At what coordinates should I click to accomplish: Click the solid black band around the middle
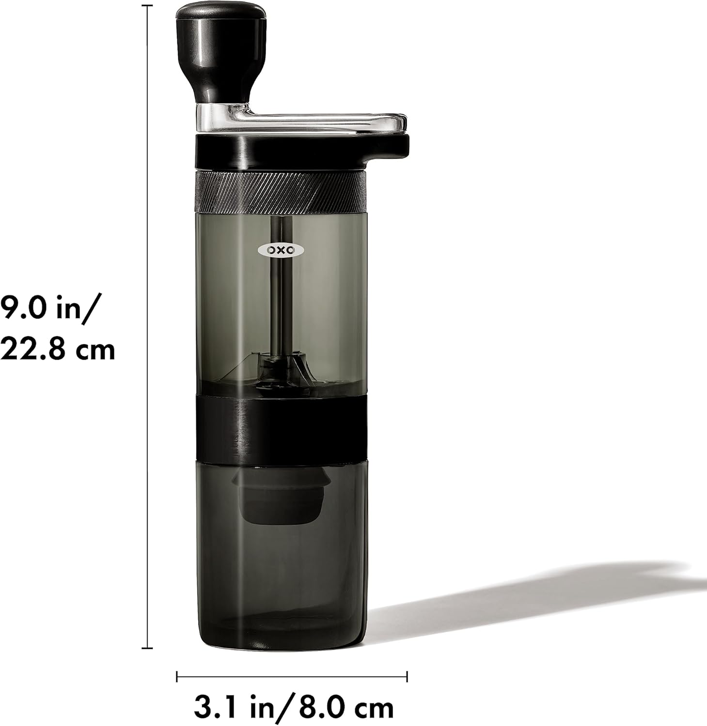click(280, 426)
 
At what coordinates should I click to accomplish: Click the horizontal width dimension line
click(291, 676)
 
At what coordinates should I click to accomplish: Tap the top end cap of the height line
click(147, 6)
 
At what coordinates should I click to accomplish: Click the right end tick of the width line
click(407, 676)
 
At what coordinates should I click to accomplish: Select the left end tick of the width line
click(177, 676)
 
